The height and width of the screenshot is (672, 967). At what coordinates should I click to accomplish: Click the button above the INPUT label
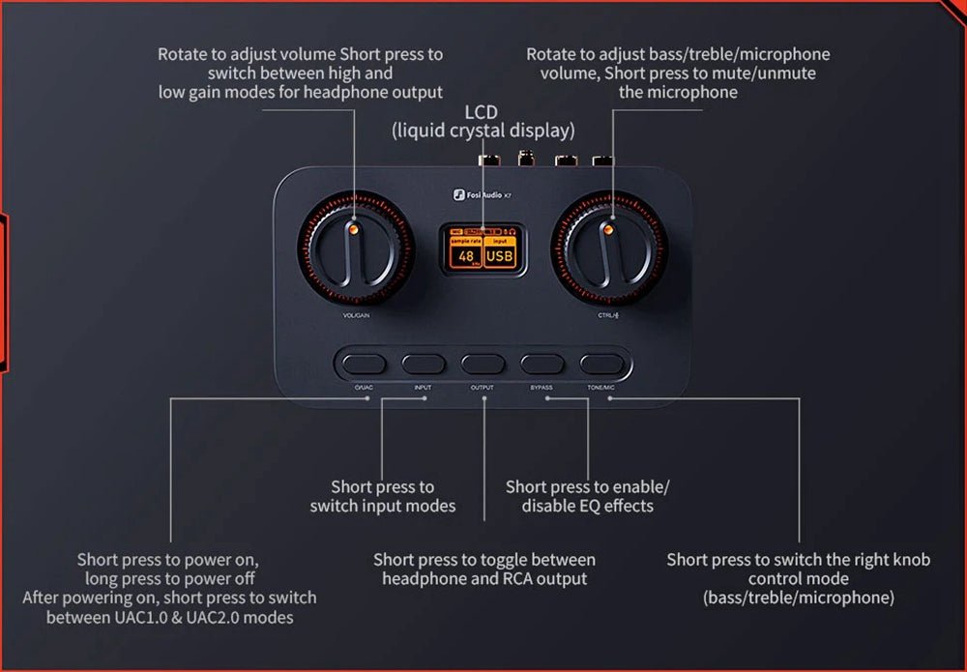tap(424, 365)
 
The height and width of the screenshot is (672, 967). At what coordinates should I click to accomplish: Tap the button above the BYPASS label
tap(542, 365)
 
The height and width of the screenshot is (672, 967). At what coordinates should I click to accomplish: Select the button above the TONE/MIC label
tap(601, 365)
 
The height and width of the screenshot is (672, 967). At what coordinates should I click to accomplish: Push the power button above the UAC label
tap(364, 365)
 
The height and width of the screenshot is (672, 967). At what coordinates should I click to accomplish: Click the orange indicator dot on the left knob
tap(354, 229)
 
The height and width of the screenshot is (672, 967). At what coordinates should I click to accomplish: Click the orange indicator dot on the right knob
tap(608, 229)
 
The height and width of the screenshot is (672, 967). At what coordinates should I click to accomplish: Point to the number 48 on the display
tap(466, 256)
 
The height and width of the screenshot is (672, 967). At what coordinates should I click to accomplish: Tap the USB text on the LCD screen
tap(500, 256)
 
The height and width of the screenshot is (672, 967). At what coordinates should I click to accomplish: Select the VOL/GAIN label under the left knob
tap(356, 315)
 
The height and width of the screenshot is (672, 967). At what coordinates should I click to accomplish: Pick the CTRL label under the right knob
tap(607, 315)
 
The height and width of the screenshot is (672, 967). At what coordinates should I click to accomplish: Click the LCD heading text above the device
tap(482, 113)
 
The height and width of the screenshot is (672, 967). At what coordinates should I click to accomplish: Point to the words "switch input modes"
tap(383, 506)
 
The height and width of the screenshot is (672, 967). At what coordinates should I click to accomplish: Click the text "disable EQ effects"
tap(588, 506)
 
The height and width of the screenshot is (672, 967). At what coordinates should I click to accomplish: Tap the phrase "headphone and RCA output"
tap(484, 578)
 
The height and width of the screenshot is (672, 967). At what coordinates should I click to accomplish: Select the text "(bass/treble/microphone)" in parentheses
tap(799, 598)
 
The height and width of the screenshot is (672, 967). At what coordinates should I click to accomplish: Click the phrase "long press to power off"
tap(169, 578)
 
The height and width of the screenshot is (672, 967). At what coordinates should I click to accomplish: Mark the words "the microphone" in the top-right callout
tap(678, 93)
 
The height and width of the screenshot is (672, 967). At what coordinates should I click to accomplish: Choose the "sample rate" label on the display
tap(466, 241)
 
